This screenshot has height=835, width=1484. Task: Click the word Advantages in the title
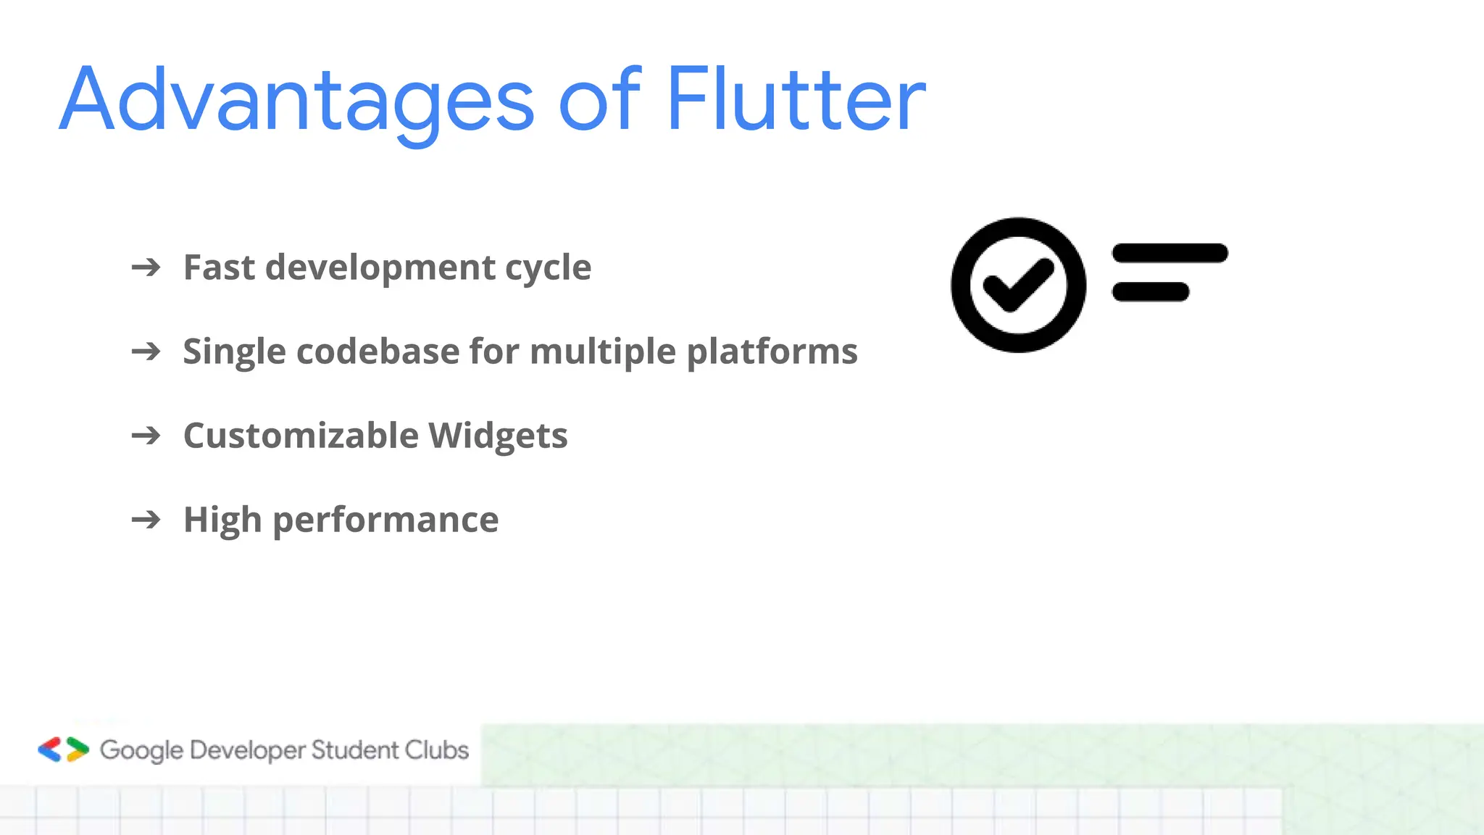point(297,100)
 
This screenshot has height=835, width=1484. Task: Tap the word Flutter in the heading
point(796,100)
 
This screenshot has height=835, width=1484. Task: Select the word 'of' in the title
point(600,100)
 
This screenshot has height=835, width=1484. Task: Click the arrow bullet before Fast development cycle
point(146,267)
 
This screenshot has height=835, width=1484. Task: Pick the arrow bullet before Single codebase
point(146,352)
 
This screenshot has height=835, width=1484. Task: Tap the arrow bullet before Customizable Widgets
point(146,436)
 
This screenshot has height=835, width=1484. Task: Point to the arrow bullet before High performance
point(146,520)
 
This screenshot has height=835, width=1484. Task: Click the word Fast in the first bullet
point(219,267)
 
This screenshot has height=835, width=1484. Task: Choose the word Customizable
point(301,436)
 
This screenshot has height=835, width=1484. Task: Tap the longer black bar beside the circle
point(1170,253)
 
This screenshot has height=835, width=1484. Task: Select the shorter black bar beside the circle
point(1150,292)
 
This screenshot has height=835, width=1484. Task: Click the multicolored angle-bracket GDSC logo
point(64,749)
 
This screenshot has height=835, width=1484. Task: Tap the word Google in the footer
point(141,750)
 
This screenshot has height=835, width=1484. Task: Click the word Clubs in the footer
point(436,749)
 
